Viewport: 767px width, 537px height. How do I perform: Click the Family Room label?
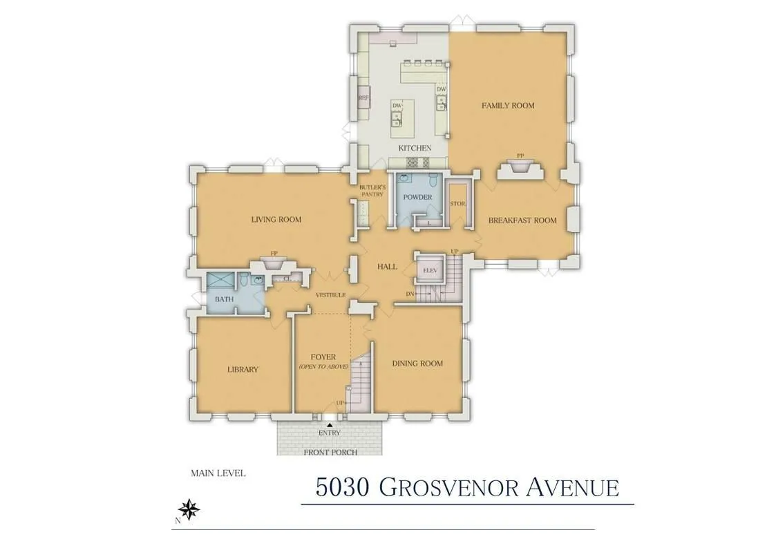[x=508, y=106]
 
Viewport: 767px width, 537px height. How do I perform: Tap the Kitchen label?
[x=415, y=148]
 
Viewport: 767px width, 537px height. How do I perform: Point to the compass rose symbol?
[x=189, y=509]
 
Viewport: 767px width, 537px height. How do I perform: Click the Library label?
[x=243, y=369]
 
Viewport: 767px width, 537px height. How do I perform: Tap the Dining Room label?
[x=417, y=364]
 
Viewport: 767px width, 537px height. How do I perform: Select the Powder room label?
[x=417, y=198]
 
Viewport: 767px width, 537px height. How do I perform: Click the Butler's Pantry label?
[x=371, y=191]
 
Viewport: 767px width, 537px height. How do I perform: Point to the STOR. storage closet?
[x=457, y=205]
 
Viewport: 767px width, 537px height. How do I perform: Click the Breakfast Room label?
[x=522, y=220]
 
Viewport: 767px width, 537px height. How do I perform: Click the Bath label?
[x=223, y=299]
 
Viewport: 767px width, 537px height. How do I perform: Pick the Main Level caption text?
[x=218, y=473]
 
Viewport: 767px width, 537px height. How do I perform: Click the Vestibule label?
[x=330, y=295]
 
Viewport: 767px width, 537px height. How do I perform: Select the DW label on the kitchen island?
[x=397, y=106]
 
